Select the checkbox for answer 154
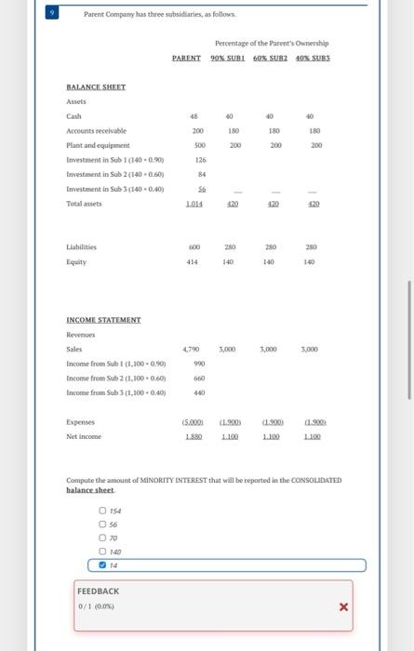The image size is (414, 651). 103,510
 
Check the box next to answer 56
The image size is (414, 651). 103,524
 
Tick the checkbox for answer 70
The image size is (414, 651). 103,537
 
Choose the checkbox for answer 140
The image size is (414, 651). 103,551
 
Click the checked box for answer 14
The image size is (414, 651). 103,565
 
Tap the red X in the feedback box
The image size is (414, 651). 343,607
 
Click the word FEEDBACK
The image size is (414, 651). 98,591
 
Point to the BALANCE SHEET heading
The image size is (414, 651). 95,86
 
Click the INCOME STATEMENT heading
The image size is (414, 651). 102,319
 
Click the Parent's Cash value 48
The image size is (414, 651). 194,116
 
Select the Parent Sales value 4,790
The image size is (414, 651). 191,350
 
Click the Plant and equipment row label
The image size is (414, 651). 98,146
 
